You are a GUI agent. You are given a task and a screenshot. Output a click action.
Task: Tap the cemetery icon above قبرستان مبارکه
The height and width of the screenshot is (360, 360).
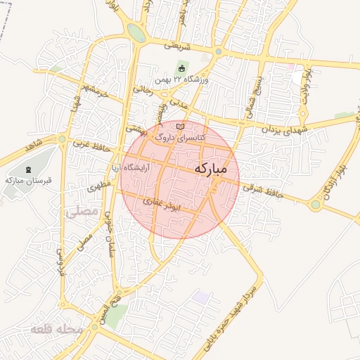(28, 170)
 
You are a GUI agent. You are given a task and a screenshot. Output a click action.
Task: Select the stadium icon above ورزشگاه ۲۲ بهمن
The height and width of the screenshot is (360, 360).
(182, 68)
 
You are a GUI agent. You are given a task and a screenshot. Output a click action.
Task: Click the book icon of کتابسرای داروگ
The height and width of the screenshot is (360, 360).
(181, 125)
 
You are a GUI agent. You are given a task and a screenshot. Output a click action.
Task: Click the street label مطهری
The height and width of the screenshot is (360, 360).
(96, 187)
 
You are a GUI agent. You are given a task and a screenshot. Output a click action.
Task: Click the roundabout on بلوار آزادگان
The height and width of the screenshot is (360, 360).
(316, 205)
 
